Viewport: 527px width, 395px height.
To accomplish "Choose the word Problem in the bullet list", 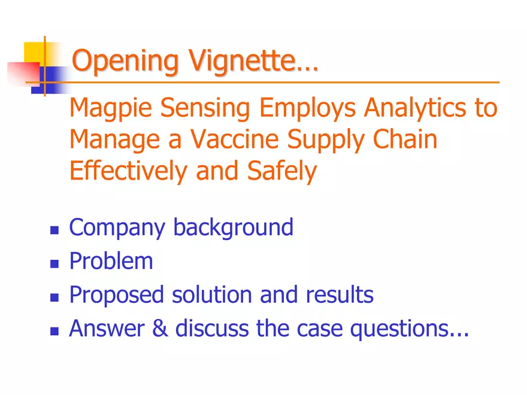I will [111, 262].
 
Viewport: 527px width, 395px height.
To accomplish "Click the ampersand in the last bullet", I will [163, 329].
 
